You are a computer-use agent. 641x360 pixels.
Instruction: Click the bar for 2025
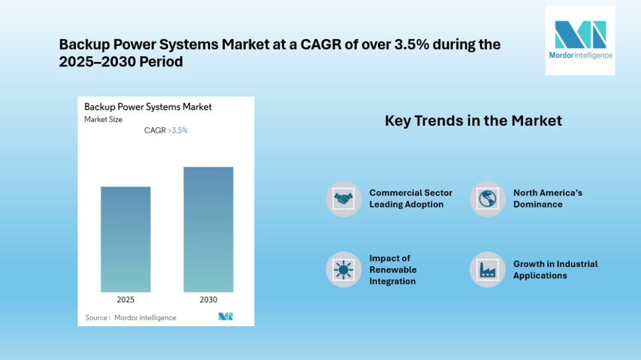click(x=125, y=240)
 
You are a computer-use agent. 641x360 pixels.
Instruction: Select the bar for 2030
click(x=208, y=230)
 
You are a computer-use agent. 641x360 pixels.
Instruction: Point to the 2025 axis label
click(x=125, y=300)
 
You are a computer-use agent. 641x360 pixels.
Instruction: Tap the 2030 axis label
click(x=208, y=300)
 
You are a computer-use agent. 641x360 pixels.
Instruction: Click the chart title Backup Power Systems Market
click(x=148, y=107)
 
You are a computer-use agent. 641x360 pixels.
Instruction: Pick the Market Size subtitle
click(x=103, y=119)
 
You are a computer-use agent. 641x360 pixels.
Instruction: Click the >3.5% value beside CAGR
click(x=178, y=130)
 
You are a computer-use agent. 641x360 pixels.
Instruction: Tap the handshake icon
click(x=344, y=199)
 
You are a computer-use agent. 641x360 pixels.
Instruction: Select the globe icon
click(x=487, y=199)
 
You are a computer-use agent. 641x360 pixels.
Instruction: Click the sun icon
click(x=344, y=270)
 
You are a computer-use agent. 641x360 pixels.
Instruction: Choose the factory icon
click(x=487, y=270)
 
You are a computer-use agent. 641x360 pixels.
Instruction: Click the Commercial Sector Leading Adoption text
click(x=411, y=199)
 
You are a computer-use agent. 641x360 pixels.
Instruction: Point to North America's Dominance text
click(x=548, y=199)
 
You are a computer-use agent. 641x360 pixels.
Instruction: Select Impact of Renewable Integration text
click(x=393, y=270)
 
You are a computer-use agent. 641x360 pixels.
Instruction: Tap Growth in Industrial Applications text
click(x=556, y=270)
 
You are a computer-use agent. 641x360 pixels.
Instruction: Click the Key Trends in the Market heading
click(x=474, y=120)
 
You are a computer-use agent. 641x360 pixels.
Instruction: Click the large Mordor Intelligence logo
click(x=580, y=40)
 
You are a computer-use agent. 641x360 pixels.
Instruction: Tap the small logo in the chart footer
click(x=226, y=316)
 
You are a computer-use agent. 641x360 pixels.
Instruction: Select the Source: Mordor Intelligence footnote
click(x=131, y=317)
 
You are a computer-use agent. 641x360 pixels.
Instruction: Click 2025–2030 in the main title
click(x=97, y=62)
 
